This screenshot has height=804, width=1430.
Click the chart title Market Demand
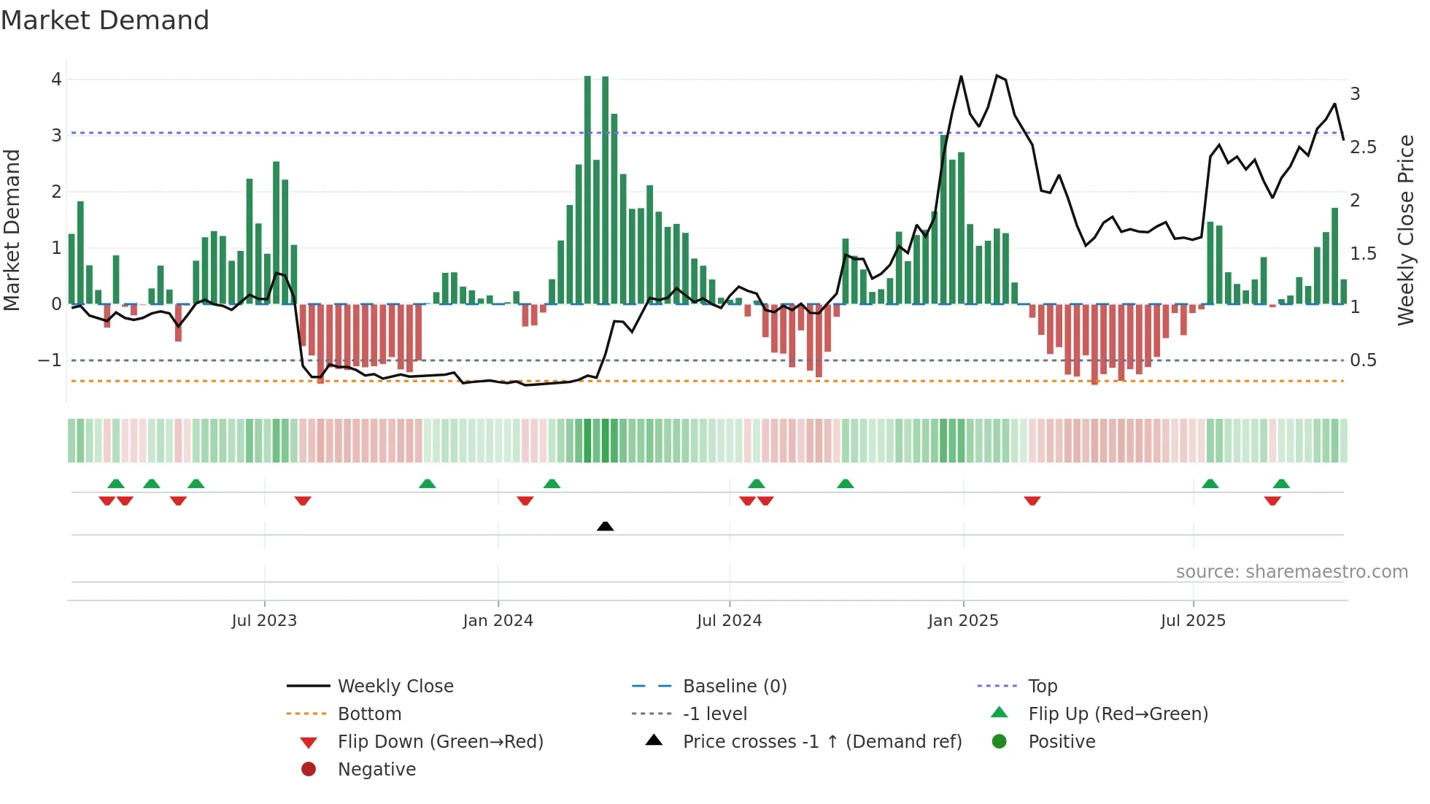tap(105, 20)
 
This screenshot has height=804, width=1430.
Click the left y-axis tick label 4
tap(56, 80)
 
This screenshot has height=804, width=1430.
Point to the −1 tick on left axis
tap(50, 360)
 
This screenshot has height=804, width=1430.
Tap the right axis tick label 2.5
tap(1363, 147)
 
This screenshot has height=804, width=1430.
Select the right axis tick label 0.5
tap(1363, 360)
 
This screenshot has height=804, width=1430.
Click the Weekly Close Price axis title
tap(1406, 230)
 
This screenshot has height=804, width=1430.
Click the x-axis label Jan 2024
tap(498, 621)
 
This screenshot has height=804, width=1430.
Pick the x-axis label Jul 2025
tap(1193, 621)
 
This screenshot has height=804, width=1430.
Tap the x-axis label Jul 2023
tap(264, 621)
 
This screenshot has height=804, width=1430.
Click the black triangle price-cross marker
tap(605, 526)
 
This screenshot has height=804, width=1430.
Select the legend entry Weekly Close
tap(395, 687)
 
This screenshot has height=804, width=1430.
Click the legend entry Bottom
tap(369, 714)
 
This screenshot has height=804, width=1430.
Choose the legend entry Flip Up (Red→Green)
tap(1118, 714)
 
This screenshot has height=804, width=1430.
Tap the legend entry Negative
tap(376, 770)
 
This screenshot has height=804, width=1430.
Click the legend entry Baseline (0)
tap(734, 687)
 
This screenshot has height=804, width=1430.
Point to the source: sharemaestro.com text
tap(1291, 572)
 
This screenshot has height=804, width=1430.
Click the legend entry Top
tap(1043, 687)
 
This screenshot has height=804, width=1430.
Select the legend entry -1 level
tap(714, 714)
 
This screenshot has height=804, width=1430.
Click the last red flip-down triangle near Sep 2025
tap(1272, 501)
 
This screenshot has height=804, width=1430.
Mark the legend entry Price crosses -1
tap(822, 742)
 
